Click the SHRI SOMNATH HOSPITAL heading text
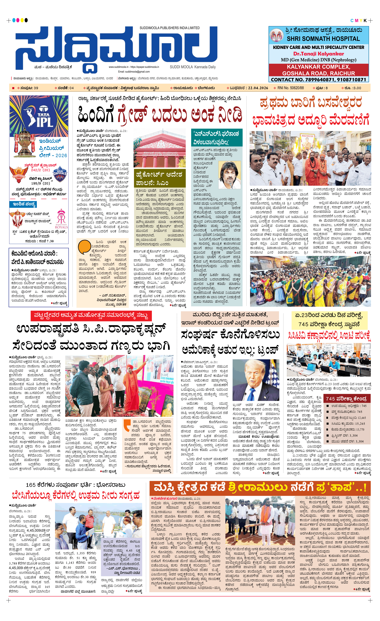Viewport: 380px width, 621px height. [323, 39]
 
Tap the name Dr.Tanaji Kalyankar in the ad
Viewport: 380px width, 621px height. [318, 54]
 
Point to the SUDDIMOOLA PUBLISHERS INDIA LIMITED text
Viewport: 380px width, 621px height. [170, 28]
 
